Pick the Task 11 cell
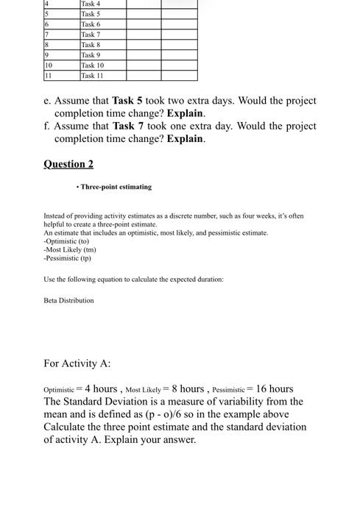[92, 76]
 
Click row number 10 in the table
[49, 65]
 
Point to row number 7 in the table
[46, 35]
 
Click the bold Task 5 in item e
[127, 100]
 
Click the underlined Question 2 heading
[68, 163]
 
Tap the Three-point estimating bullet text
[116, 187]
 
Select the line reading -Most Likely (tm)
[70, 249]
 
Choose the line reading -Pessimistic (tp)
[68, 258]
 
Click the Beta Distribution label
[69, 300]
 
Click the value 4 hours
[101, 388]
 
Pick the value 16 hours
[273, 388]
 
